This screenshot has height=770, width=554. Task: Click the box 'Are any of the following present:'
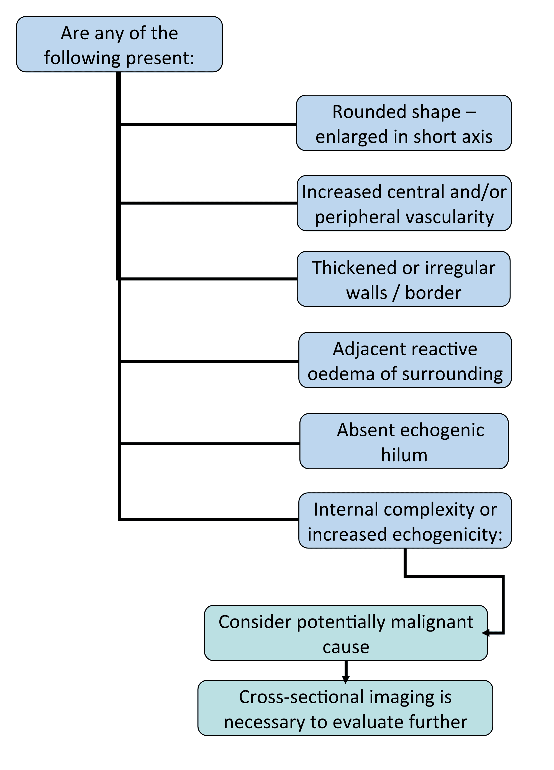119,44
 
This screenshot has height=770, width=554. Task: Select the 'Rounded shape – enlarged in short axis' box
404,123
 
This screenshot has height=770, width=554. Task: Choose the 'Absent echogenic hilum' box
404,441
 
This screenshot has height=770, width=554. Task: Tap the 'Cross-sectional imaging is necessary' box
345,709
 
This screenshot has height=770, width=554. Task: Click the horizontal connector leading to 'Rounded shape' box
208,124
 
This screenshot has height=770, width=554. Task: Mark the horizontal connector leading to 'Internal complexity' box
209,519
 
